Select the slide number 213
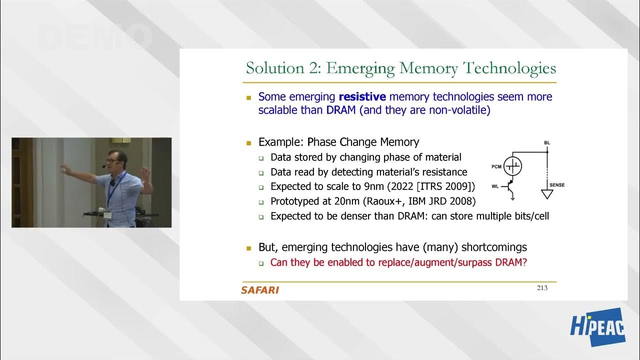pos(542,287)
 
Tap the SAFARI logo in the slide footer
pos(259,290)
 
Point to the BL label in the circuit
pos(547,143)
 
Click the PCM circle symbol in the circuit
pos(512,166)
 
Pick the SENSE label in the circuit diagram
pos(557,185)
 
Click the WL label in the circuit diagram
pos(495,186)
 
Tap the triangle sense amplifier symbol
pos(547,194)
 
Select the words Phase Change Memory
pos(363,142)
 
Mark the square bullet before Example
pos(248,142)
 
